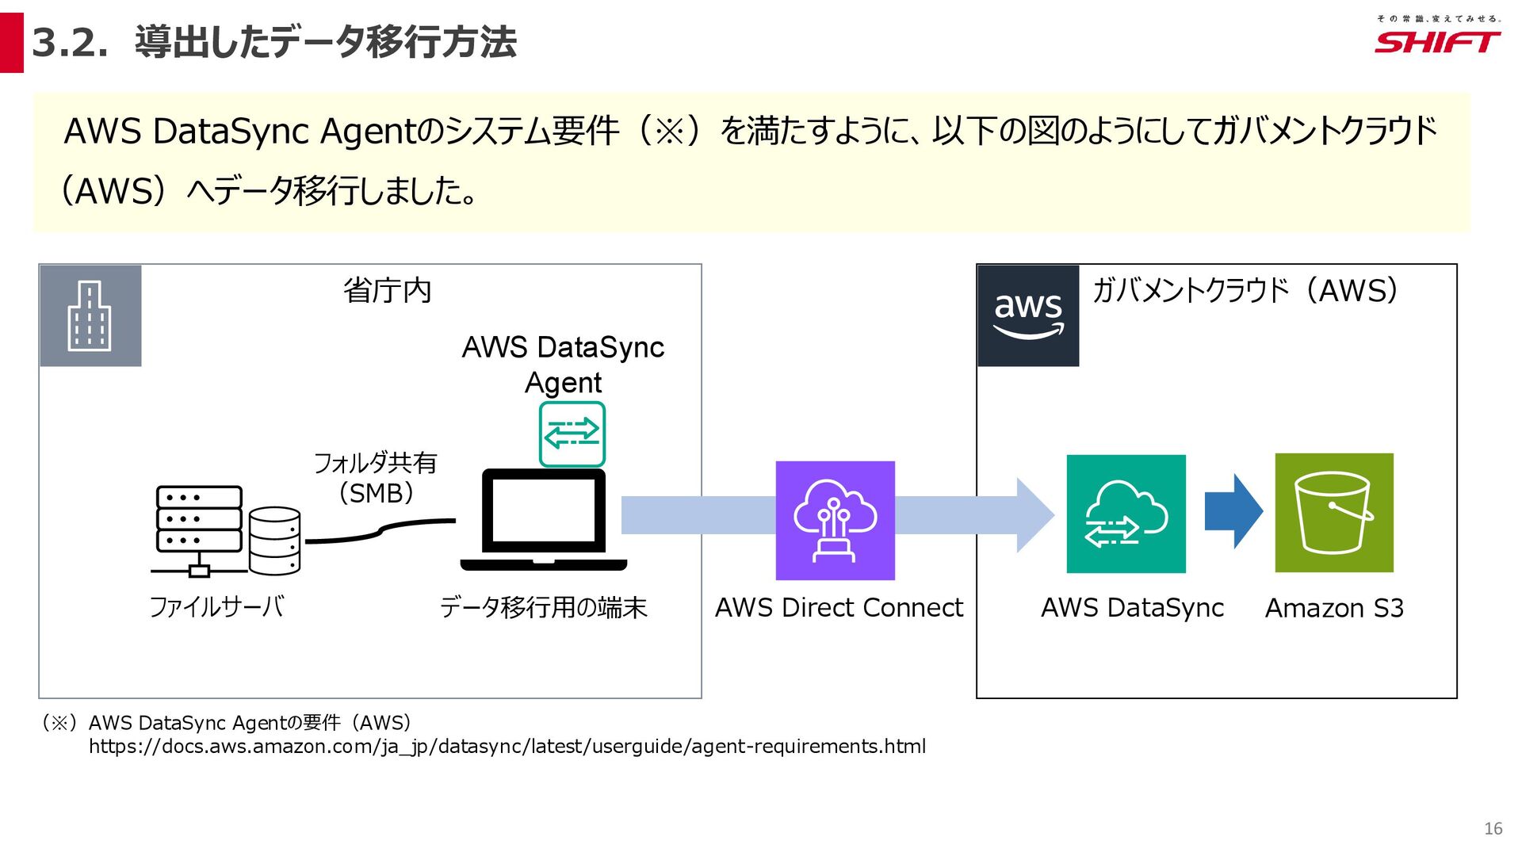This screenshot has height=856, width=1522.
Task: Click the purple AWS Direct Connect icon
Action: (x=835, y=520)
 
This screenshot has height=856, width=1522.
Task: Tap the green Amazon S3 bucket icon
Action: (x=1334, y=513)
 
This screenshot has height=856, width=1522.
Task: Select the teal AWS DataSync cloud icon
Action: (x=1126, y=514)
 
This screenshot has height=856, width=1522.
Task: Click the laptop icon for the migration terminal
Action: (x=544, y=520)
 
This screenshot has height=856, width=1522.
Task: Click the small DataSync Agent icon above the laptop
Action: (x=572, y=434)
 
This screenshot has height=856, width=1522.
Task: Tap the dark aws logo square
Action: (x=1028, y=315)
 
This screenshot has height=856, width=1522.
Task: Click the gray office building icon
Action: (x=90, y=315)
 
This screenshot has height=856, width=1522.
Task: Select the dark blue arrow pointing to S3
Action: (x=1233, y=511)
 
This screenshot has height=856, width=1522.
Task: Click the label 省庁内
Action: (x=388, y=291)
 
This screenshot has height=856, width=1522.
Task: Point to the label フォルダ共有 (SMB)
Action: (x=376, y=477)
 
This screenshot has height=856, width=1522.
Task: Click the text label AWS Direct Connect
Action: (x=839, y=608)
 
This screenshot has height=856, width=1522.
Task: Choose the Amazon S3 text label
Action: (x=1334, y=608)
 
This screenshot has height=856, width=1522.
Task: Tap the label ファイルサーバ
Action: (x=216, y=607)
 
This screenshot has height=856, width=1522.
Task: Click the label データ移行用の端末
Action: (x=544, y=608)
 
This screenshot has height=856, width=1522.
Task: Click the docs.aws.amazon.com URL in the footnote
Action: (x=507, y=747)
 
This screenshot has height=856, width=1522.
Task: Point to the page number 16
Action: (x=1493, y=828)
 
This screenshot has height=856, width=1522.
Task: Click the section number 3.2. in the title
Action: (x=70, y=43)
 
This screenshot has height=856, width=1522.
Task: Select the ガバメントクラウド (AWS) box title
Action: (x=1245, y=291)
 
